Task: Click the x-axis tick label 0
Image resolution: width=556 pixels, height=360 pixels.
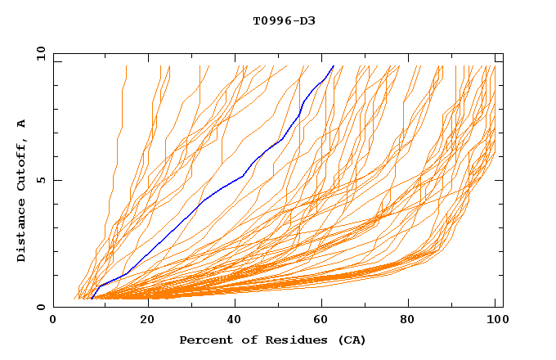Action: point(53,321)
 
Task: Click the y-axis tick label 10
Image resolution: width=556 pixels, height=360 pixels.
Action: point(40,53)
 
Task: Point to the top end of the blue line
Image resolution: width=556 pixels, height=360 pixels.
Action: point(334,65)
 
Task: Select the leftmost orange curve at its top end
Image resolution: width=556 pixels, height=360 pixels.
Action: point(127,65)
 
